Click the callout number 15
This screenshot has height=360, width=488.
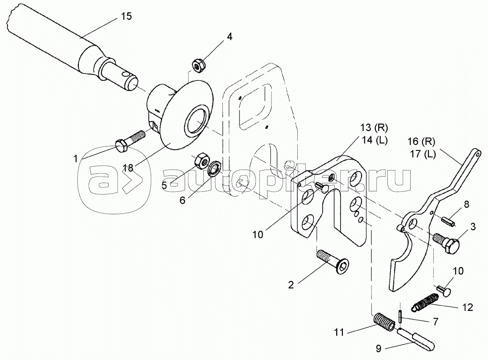(x=126, y=17)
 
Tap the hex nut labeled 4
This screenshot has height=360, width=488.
(x=199, y=66)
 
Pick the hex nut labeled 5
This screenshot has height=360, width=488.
(x=202, y=161)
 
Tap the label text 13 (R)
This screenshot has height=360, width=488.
(x=374, y=128)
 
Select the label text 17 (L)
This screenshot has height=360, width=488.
(x=423, y=154)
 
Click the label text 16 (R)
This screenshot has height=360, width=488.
(x=421, y=142)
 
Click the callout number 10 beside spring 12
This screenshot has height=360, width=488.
(x=458, y=271)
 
